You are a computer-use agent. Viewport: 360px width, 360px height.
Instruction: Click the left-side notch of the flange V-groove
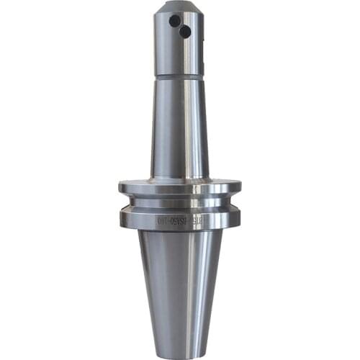pyautogui.click(x=127, y=205)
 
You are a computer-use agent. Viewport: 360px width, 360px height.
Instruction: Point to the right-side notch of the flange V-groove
pyautogui.click(x=233, y=205)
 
